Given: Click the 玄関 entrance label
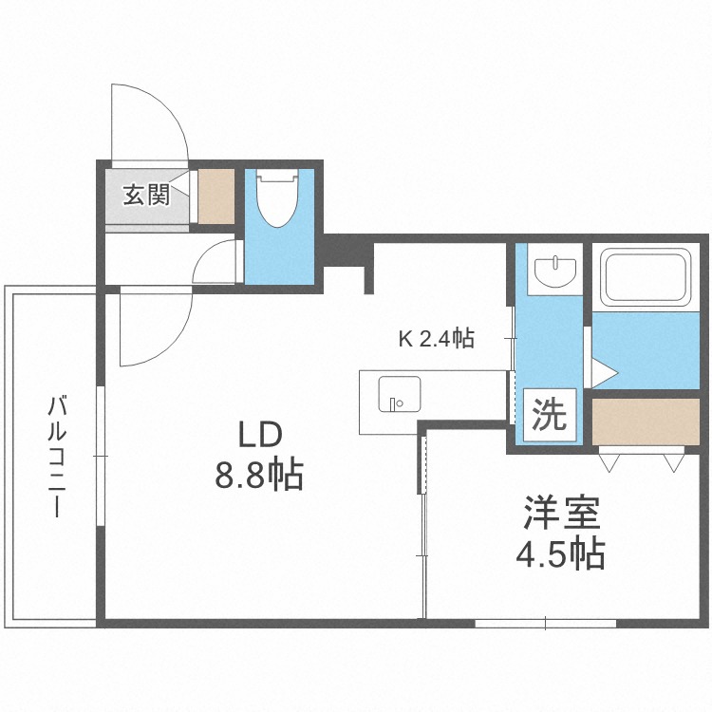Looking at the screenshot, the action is point(146,195).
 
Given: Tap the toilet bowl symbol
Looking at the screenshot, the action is point(277,198).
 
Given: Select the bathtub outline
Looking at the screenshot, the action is point(646,277).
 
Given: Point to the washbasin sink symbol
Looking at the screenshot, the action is point(555,272).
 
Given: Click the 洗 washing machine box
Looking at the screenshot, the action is point(550,415).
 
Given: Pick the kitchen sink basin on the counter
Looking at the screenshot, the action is point(400,394).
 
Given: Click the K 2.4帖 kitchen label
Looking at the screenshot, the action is point(437,338).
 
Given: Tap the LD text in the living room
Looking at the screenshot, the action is point(261,435).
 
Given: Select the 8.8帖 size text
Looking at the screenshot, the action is point(259,475).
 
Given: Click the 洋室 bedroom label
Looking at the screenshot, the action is point(562,513).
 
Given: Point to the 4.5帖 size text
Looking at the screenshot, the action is point(560,554).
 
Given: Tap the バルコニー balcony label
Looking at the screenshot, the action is point(57,457).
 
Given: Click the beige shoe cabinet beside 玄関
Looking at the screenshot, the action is point(216,197).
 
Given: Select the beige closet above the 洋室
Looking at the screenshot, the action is point(646,422).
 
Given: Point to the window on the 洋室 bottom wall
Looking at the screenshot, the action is point(545,623).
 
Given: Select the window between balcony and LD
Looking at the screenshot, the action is point(101,456).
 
